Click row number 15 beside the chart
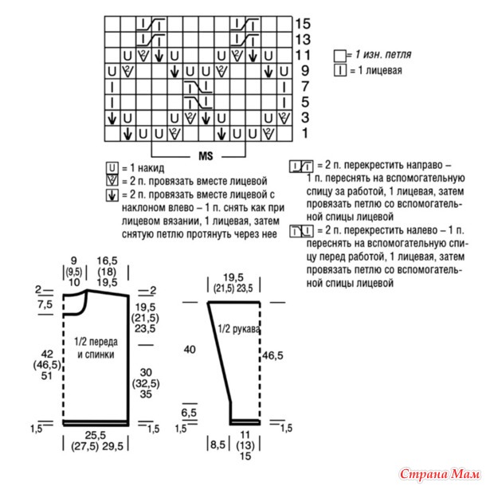303,24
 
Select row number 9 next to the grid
305,71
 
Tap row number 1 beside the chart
305,133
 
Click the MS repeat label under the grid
206,155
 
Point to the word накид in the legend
151,168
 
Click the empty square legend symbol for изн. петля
339,56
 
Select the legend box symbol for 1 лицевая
340,70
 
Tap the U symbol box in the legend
112,168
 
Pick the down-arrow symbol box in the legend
112,195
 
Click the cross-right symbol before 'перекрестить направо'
301,167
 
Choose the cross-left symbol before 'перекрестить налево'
301,232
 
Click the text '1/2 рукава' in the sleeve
239,329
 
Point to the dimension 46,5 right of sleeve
272,355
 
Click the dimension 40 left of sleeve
190,350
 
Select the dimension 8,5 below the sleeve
218,445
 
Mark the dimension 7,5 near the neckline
45,304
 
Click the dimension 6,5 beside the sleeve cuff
189,413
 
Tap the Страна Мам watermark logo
440,474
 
